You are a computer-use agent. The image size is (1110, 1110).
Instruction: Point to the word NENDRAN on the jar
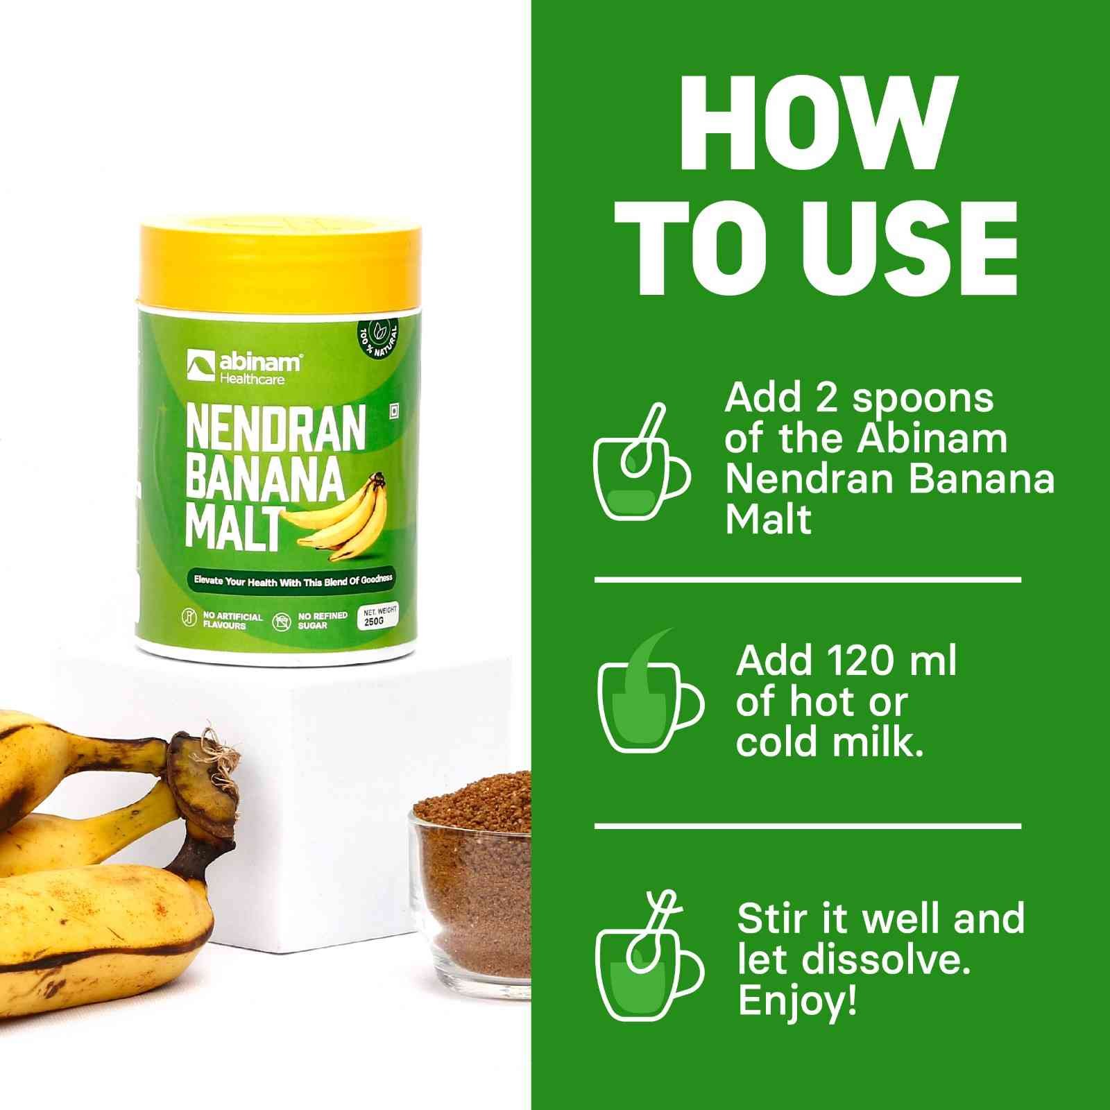[275, 429]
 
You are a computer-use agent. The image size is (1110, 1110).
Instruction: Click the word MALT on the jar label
[234, 529]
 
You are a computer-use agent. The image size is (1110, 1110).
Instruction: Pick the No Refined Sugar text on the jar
[323, 620]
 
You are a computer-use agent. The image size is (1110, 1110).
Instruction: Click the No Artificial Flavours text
[232, 620]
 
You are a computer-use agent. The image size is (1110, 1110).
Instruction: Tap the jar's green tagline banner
[293, 580]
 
